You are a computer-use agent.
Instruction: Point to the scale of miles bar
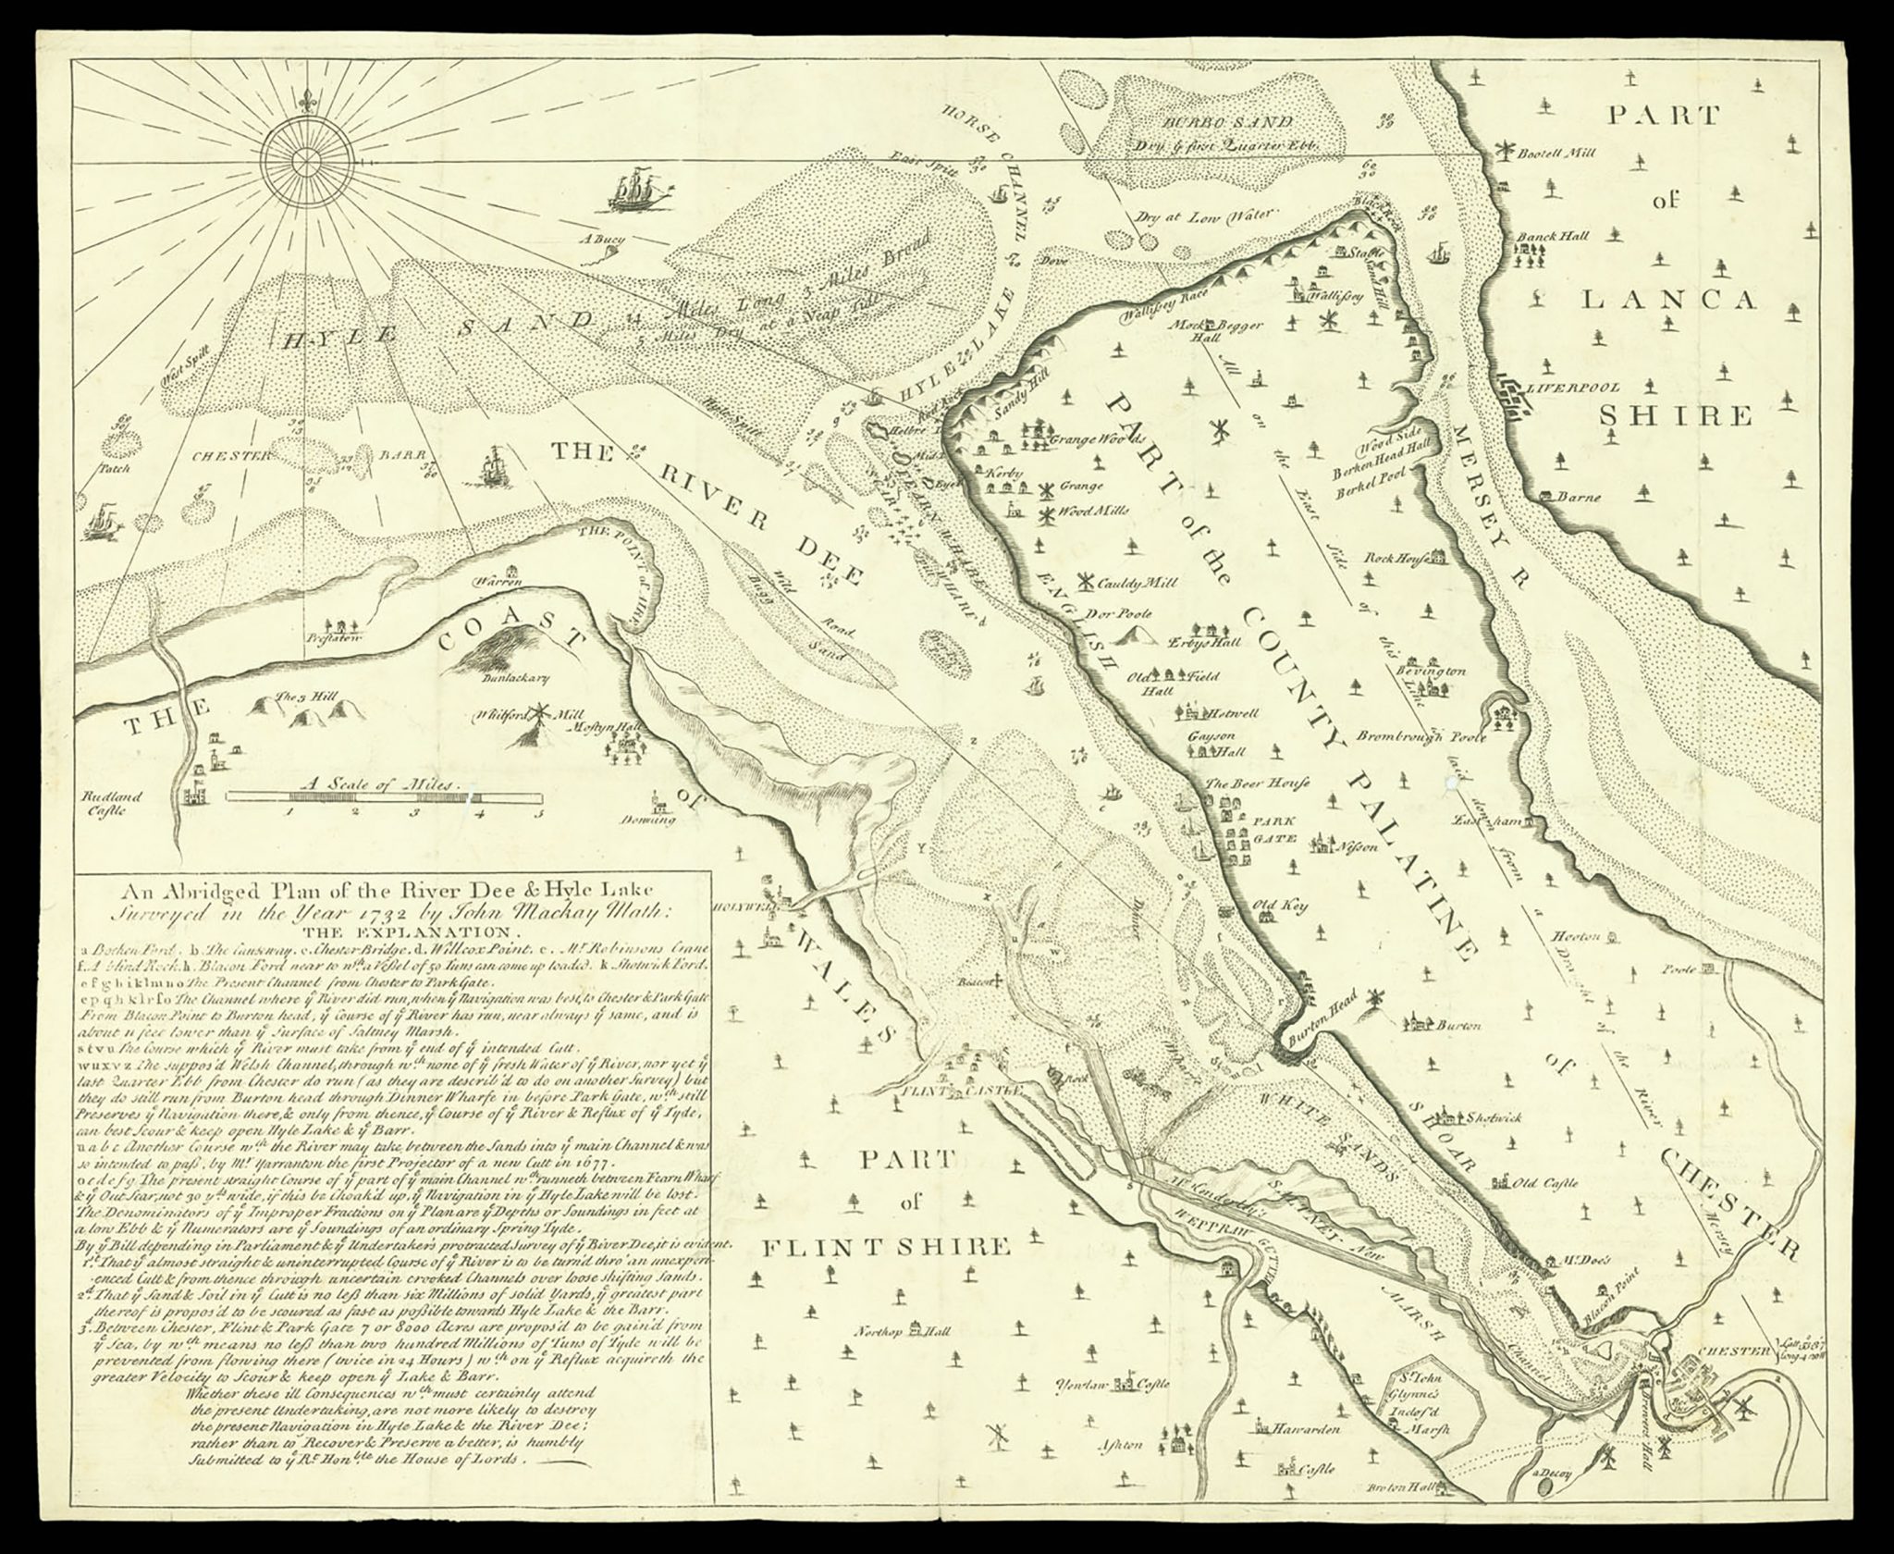(x=384, y=795)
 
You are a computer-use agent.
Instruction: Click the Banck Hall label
(x=1551, y=237)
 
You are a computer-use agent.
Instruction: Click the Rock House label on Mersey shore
(x=1395, y=558)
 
